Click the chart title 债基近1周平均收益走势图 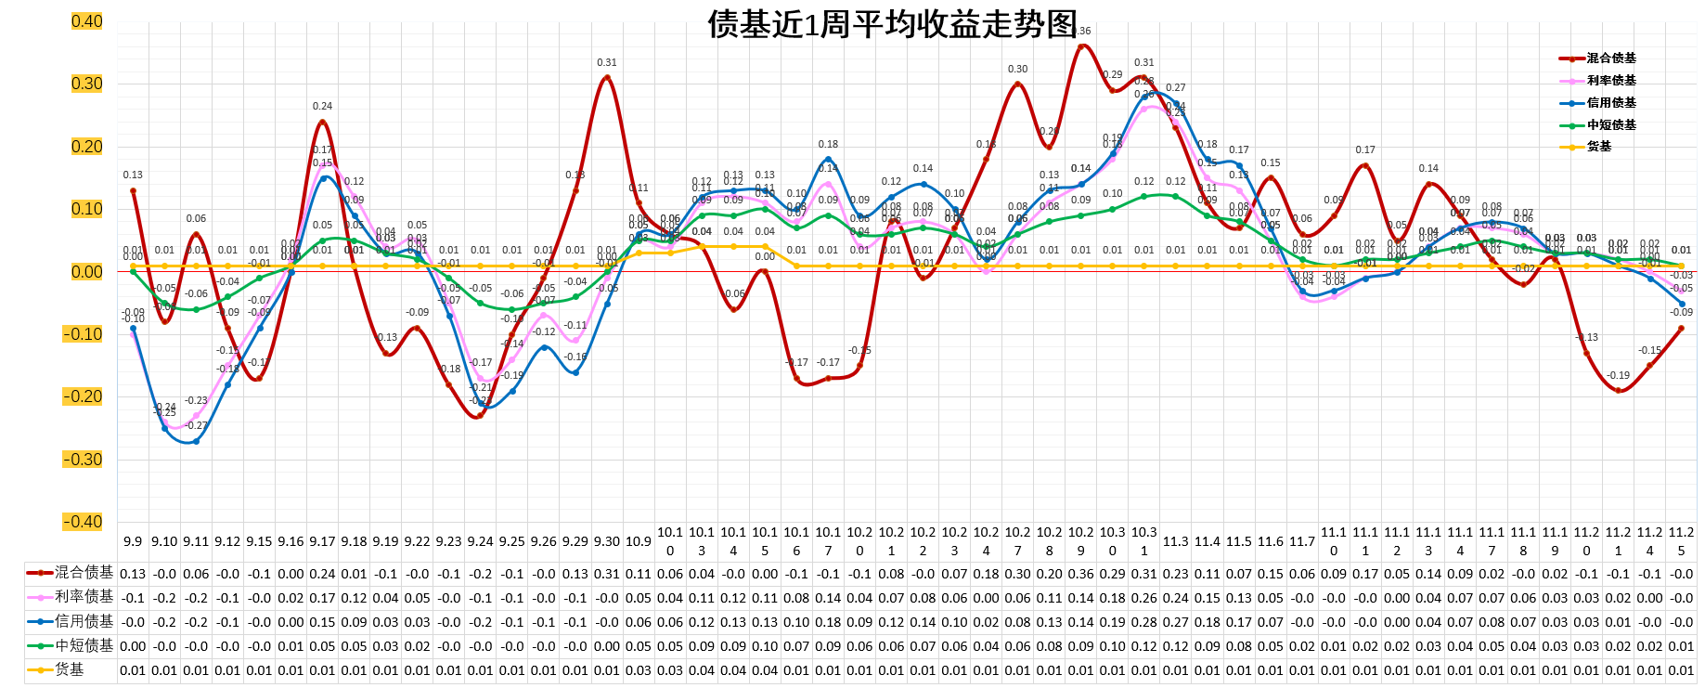tap(893, 25)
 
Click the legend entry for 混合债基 tap(1611, 58)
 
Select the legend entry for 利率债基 tap(1611, 81)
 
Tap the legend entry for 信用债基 tap(1611, 103)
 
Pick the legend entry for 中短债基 tap(1611, 125)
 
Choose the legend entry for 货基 tap(1599, 147)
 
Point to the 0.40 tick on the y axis tap(86, 21)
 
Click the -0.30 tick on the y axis tap(84, 460)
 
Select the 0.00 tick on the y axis tap(86, 272)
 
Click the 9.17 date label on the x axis tap(322, 541)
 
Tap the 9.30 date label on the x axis tap(607, 541)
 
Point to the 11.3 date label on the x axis tap(1176, 541)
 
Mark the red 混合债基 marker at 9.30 tap(607, 78)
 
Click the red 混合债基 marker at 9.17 tap(322, 122)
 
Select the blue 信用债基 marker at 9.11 tap(196, 441)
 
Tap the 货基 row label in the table tap(70, 669)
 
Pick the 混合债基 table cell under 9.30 tap(607, 574)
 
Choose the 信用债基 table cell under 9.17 tap(322, 622)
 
